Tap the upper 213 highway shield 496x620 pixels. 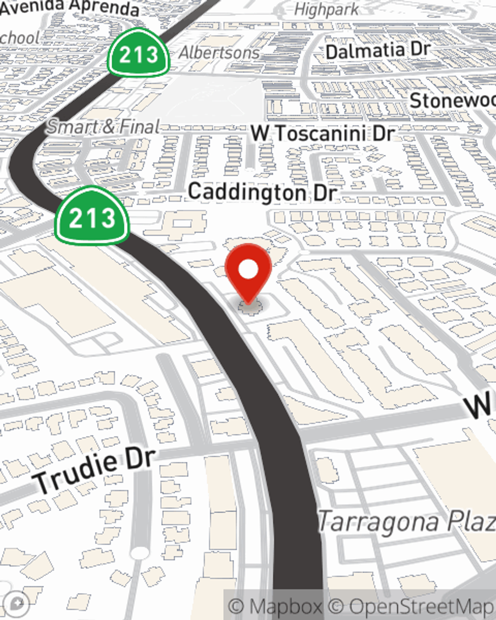(x=139, y=54)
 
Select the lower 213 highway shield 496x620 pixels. (x=92, y=217)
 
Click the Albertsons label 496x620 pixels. (x=219, y=53)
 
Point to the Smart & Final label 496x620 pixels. (x=103, y=127)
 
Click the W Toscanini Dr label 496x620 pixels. (x=322, y=133)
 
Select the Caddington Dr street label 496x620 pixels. (x=262, y=192)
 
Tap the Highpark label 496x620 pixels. (x=326, y=9)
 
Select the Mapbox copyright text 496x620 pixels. (x=275, y=607)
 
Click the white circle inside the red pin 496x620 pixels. (x=248, y=270)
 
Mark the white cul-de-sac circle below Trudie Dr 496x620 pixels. (x=140, y=553)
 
